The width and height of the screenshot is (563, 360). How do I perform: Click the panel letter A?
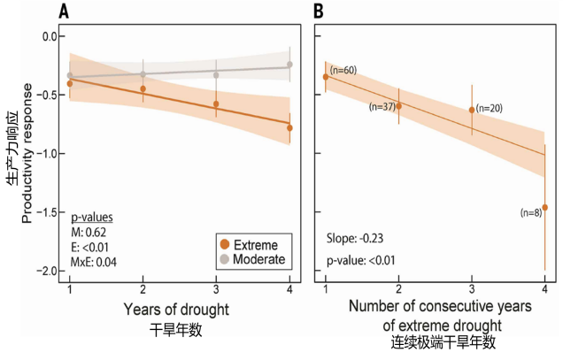click(63, 11)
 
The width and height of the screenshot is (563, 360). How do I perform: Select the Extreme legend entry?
click(251, 244)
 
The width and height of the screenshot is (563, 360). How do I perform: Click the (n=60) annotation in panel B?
click(343, 69)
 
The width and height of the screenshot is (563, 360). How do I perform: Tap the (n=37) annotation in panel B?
click(382, 106)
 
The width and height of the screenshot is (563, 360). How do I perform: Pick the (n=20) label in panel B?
click(490, 108)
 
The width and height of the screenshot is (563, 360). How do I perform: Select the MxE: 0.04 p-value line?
click(95, 262)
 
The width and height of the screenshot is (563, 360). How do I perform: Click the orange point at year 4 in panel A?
click(289, 127)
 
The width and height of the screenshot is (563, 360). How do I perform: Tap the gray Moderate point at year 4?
click(289, 65)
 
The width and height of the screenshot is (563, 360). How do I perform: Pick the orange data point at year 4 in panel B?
click(544, 207)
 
